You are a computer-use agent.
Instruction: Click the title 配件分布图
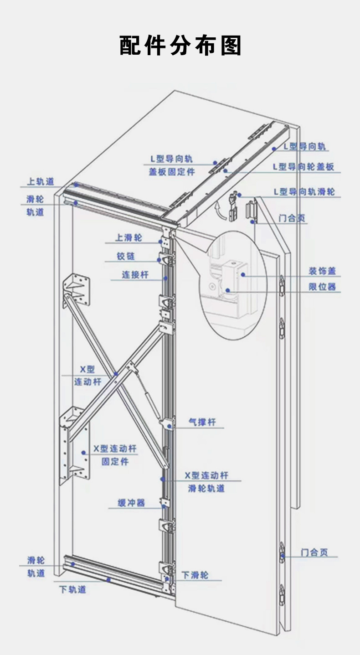[x=180, y=46]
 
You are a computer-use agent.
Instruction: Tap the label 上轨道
[x=41, y=182]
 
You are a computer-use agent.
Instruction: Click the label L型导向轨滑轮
[x=304, y=192]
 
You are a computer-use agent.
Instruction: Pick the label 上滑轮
[x=129, y=237]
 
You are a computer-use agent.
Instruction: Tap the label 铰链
[x=125, y=257]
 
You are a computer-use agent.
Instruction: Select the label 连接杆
[x=135, y=275]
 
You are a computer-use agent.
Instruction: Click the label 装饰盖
[x=322, y=271]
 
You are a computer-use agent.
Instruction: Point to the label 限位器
[x=322, y=287]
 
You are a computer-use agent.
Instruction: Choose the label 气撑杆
[x=202, y=423]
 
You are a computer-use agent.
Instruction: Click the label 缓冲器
[x=131, y=503]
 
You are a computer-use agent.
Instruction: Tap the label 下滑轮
[x=195, y=575]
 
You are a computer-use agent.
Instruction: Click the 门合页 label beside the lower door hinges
[x=314, y=552]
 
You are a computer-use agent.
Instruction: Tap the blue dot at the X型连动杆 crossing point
[x=116, y=375]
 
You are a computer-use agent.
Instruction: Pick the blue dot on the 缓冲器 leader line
[x=162, y=503]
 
